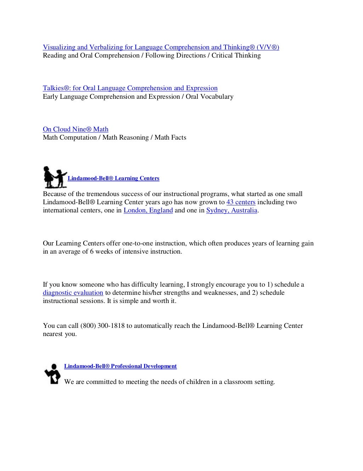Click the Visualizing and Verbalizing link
pyautogui.click(x=161, y=47)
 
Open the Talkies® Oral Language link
pyautogui.click(x=130, y=88)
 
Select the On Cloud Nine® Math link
pyautogui.click(x=76, y=129)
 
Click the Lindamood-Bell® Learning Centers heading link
pyautogui.click(x=113, y=178)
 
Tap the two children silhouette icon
pyautogui.click(x=55, y=177)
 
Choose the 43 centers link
pyautogui.click(x=241, y=202)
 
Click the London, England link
pyautogui.click(x=148, y=210)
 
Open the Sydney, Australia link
pyautogui.click(x=231, y=210)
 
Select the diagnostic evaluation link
pyautogui.click(x=73, y=293)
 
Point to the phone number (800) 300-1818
pyautogui.click(x=102, y=326)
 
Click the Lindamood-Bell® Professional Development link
pyautogui.click(x=120, y=366)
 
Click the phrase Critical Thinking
pyautogui.click(x=236, y=55)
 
